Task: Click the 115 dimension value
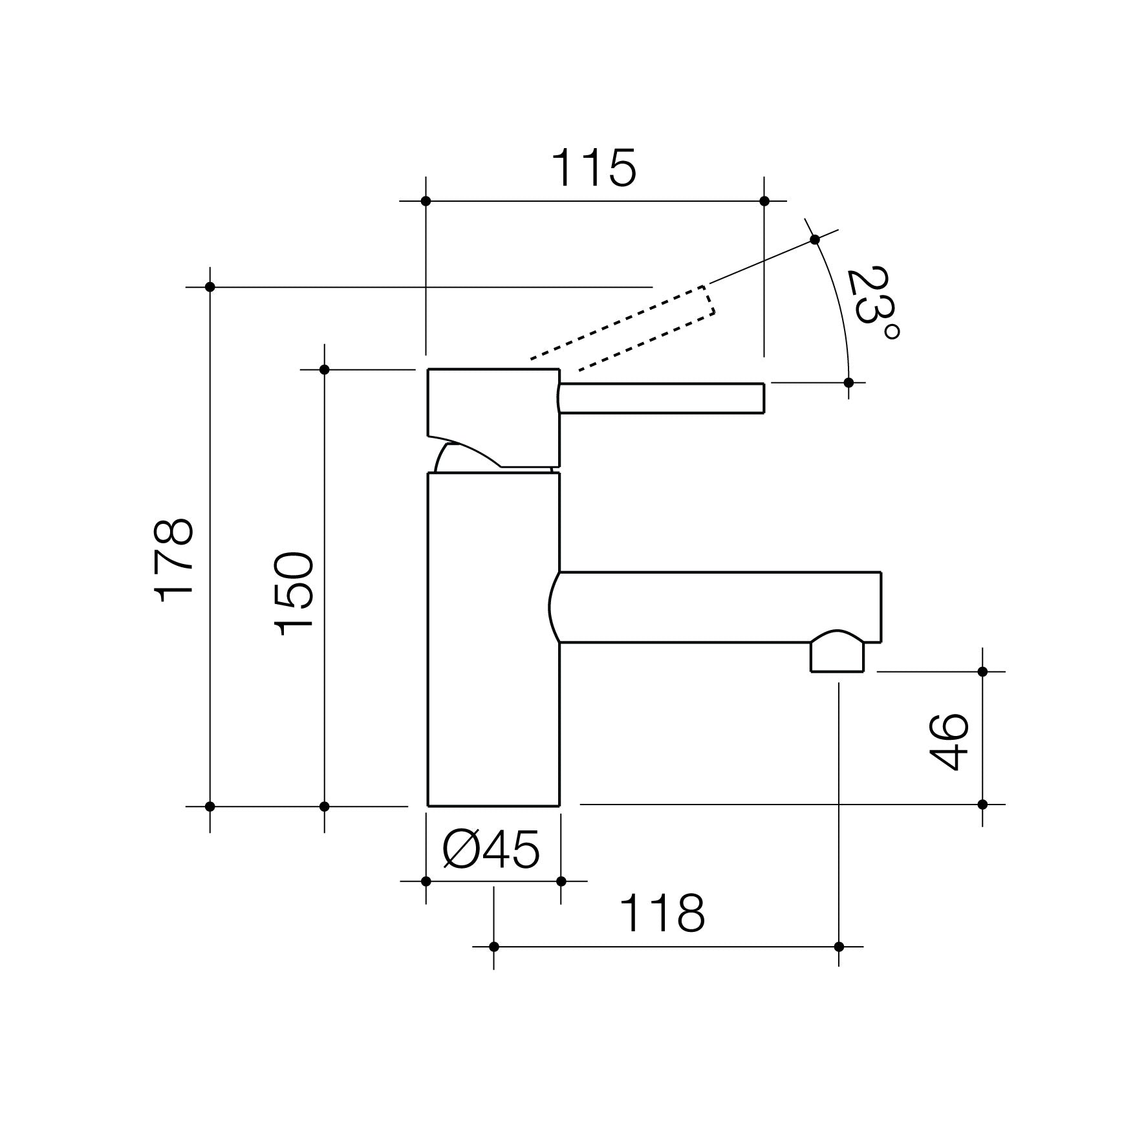(x=594, y=168)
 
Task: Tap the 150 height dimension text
(x=294, y=593)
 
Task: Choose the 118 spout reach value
(x=662, y=914)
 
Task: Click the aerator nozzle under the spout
(x=838, y=654)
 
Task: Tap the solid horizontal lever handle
(x=662, y=398)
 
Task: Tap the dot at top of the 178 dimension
(x=210, y=286)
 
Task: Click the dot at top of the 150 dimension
(x=325, y=369)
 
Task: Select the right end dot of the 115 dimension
(x=764, y=201)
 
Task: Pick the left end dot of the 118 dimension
(x=494, y=947)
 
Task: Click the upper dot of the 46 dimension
(x=982, y=671)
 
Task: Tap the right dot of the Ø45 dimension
(x=561, y=881)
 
